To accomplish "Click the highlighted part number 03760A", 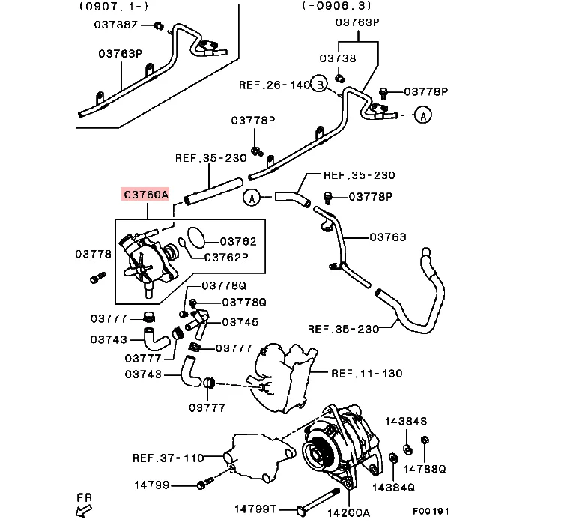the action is click(145, 195).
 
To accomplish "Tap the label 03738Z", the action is click(116, 25).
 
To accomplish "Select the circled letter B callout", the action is click(319, 84).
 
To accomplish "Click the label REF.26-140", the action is click(274, 85).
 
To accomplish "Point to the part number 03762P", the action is click(226, 258).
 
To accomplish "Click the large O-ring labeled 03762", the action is click(196, 237).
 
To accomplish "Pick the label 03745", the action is click(240, 321).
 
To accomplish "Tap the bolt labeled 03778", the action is click(97, 277).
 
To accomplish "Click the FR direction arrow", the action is click(84, 510).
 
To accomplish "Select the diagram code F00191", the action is click(431, 511).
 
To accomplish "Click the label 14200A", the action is click(348, 512).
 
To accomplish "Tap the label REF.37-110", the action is click(168, 458).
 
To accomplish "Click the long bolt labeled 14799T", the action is click(318, 500).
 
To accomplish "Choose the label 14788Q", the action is click(425, 469).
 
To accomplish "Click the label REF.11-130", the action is click(366, 374).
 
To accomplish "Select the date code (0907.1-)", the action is click(114, 6).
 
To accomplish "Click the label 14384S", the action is click(406, 421).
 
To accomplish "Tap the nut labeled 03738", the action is click(339, 78).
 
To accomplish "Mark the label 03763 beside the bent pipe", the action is click(388, 237).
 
